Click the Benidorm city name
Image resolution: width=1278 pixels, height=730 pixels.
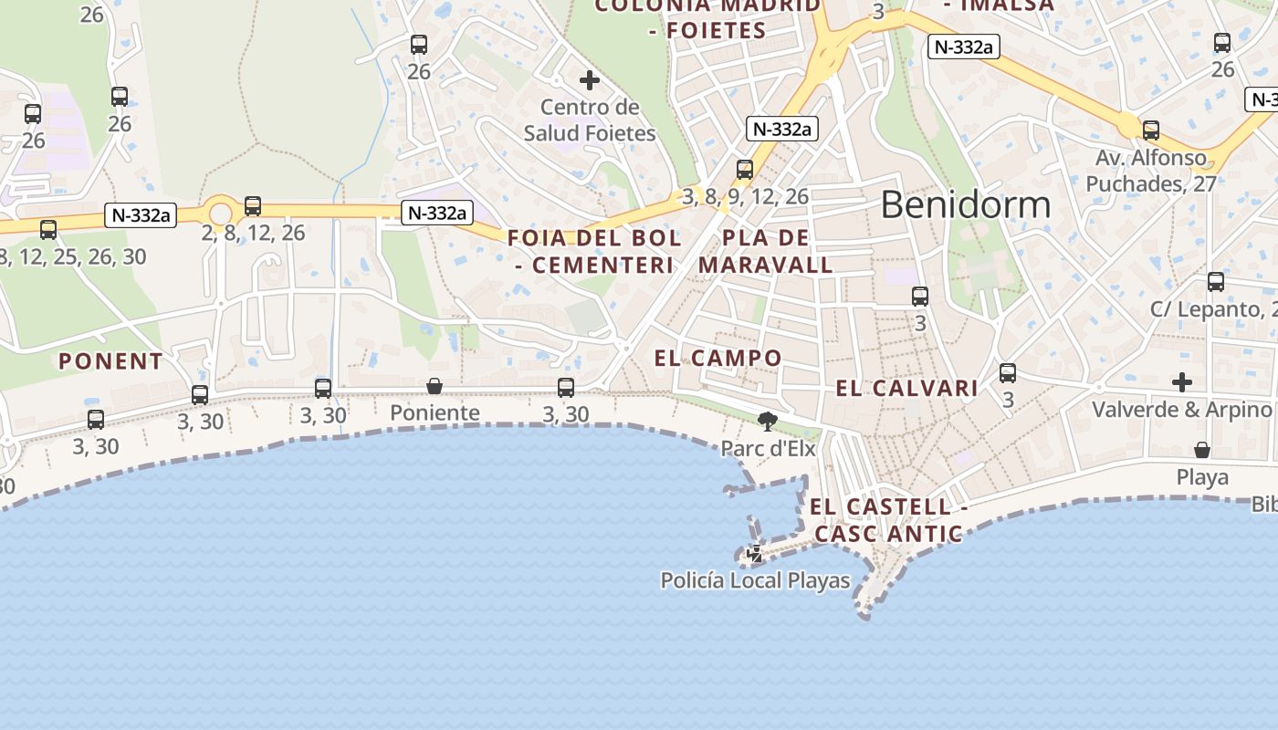click(x=966, y=204)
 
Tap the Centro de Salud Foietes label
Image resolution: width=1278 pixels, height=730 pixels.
click(x=590, y=120)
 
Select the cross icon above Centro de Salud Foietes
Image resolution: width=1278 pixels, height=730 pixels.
click(x=590, y=80)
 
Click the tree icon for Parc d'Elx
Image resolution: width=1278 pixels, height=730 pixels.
click(x=767, y=421)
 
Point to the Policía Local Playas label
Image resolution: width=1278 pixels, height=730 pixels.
click(x=755, y=580)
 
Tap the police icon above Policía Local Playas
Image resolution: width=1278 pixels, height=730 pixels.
click(x=755, y=553)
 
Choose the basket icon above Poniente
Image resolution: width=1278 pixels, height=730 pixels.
click(x=435, y=387)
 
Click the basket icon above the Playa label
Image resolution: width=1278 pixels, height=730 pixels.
click(x=1202, y=451)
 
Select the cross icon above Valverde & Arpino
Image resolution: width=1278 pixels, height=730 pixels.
click(x=1182, y=381)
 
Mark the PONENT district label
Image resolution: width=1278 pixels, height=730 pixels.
click(x=110, y=361)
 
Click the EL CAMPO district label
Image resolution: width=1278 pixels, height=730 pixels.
click(x=718, y=358)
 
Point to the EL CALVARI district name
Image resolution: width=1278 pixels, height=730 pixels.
click(x=906, y=389)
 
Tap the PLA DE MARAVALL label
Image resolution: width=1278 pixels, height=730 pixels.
click(x=766, y=252)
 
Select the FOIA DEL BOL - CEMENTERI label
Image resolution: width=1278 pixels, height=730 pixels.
click(x=594, y=252)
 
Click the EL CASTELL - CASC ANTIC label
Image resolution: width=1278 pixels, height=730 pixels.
click(x=888, y=520)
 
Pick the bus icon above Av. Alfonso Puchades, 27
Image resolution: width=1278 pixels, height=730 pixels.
click(x=1151, y=130)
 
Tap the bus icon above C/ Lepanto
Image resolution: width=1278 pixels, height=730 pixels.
click(x=1216, y=282)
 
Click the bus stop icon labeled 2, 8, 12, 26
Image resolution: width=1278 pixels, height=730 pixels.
click(x=253, y=206)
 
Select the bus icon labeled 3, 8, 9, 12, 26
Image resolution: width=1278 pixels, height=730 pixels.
click(x=745, y=170)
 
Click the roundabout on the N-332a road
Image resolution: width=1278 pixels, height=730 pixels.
click(x=220, y=214)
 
